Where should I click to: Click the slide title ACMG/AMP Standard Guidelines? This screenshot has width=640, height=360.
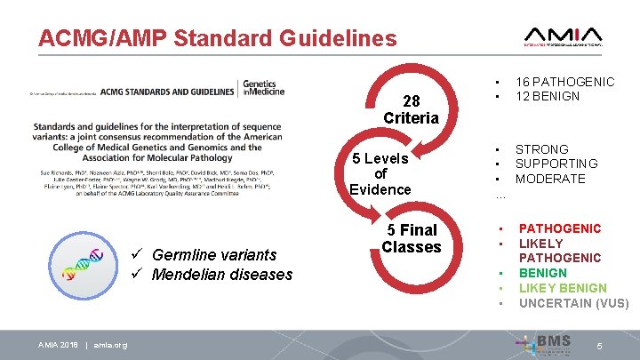tap(218, 38)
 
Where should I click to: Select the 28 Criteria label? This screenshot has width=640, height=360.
tap(411, 109)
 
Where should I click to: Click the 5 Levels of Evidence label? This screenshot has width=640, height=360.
tap(380, 173)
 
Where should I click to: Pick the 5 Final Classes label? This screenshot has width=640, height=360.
tap(411, 238)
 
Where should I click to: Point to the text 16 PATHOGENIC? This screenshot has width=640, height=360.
tap(564, 82)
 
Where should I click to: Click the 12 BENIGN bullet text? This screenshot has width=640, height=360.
tap(548, 96)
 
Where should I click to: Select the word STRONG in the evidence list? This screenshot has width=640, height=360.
tap(542, 149)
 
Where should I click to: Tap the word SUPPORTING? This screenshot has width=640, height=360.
tap(556, 164)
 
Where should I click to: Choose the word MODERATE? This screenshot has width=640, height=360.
tap(550, 179)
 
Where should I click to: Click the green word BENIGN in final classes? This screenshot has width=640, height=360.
tap(543, 273)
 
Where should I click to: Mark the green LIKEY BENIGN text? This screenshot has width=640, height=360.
tap(563, 288)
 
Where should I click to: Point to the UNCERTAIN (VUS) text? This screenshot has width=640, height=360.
tap(573, 303)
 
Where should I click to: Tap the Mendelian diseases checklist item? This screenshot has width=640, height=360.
tap(221, 274)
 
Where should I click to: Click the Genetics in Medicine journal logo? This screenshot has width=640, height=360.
tap(261, 89)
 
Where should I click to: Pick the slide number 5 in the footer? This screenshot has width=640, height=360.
tap(600, 344)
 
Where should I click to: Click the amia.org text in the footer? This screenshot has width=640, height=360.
tap(110, 345)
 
